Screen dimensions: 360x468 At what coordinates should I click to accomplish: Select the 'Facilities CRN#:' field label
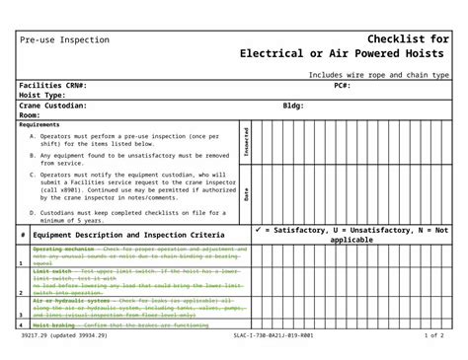pyautogui.click(x=60, y=86)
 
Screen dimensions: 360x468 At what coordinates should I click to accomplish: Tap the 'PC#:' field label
pyautogui.click(x=342, y=86)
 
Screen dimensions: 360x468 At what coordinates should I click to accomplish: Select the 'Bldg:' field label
pyautogui.click(x=293, y=106)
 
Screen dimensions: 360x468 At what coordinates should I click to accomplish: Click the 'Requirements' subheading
pyautogui.click(x=39, y=124)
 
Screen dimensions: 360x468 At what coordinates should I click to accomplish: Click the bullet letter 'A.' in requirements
pyautogui.click(x=33, y=135)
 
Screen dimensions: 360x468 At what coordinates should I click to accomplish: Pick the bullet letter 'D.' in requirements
pyautogui.click(x=33, y=212)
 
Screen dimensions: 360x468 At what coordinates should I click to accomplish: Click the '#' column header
pyautogui.click(x=23, y=236)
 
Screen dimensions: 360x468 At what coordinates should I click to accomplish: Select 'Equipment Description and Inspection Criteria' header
pyautogui.click(x=128, y=236)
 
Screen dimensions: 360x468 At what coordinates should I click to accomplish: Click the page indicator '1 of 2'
pyautogui.click(x=433, y=335)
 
